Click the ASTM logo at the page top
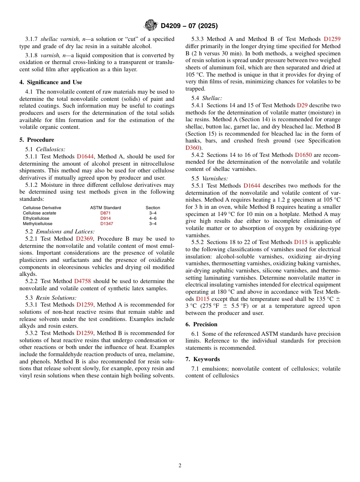click(x=150, y=25)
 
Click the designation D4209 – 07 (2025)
click(x=189, y=26)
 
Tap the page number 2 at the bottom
click(x=180, y=465)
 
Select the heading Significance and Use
click(x=51, y=82)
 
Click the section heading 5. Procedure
click(x=37, y=140)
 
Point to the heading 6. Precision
click(x=201, y=324)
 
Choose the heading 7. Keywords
click(x=202, y=359)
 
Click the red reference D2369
click(x=84, y=239)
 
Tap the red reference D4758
click(x=82, y=281)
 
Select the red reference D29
click(x=302, y=105)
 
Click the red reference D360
click(x=192, y=148)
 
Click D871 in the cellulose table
click(x=105, y=213)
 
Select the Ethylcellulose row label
click(x=36, y=219)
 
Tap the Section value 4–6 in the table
click(x=153, y=219)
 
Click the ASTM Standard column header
click(x=105, y=208)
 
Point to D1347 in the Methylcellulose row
click(x=106, y=224)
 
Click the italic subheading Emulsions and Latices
click(x=65, y=232)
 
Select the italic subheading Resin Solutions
click(x=56, y=298)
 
